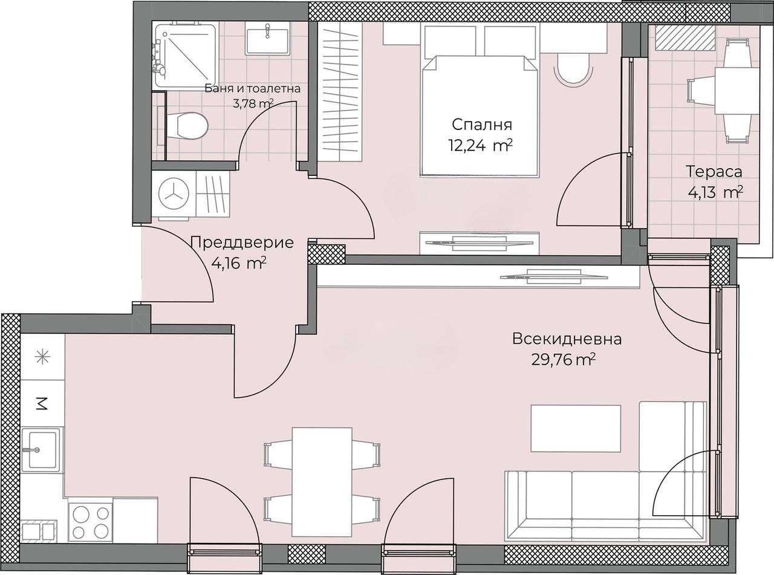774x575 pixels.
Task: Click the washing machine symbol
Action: (x=174, y=196)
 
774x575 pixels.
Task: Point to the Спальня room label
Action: (x=482, y=124)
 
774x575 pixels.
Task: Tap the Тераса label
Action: (x=714, y=172)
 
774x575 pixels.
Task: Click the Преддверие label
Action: (x=242, y=243)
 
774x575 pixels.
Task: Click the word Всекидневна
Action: (x=567, y=339)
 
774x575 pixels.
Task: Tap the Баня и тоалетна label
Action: (x=252, y=89)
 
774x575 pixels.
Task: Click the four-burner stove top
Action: (x=91, y=522)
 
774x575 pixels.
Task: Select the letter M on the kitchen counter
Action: (x=42, y=404)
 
